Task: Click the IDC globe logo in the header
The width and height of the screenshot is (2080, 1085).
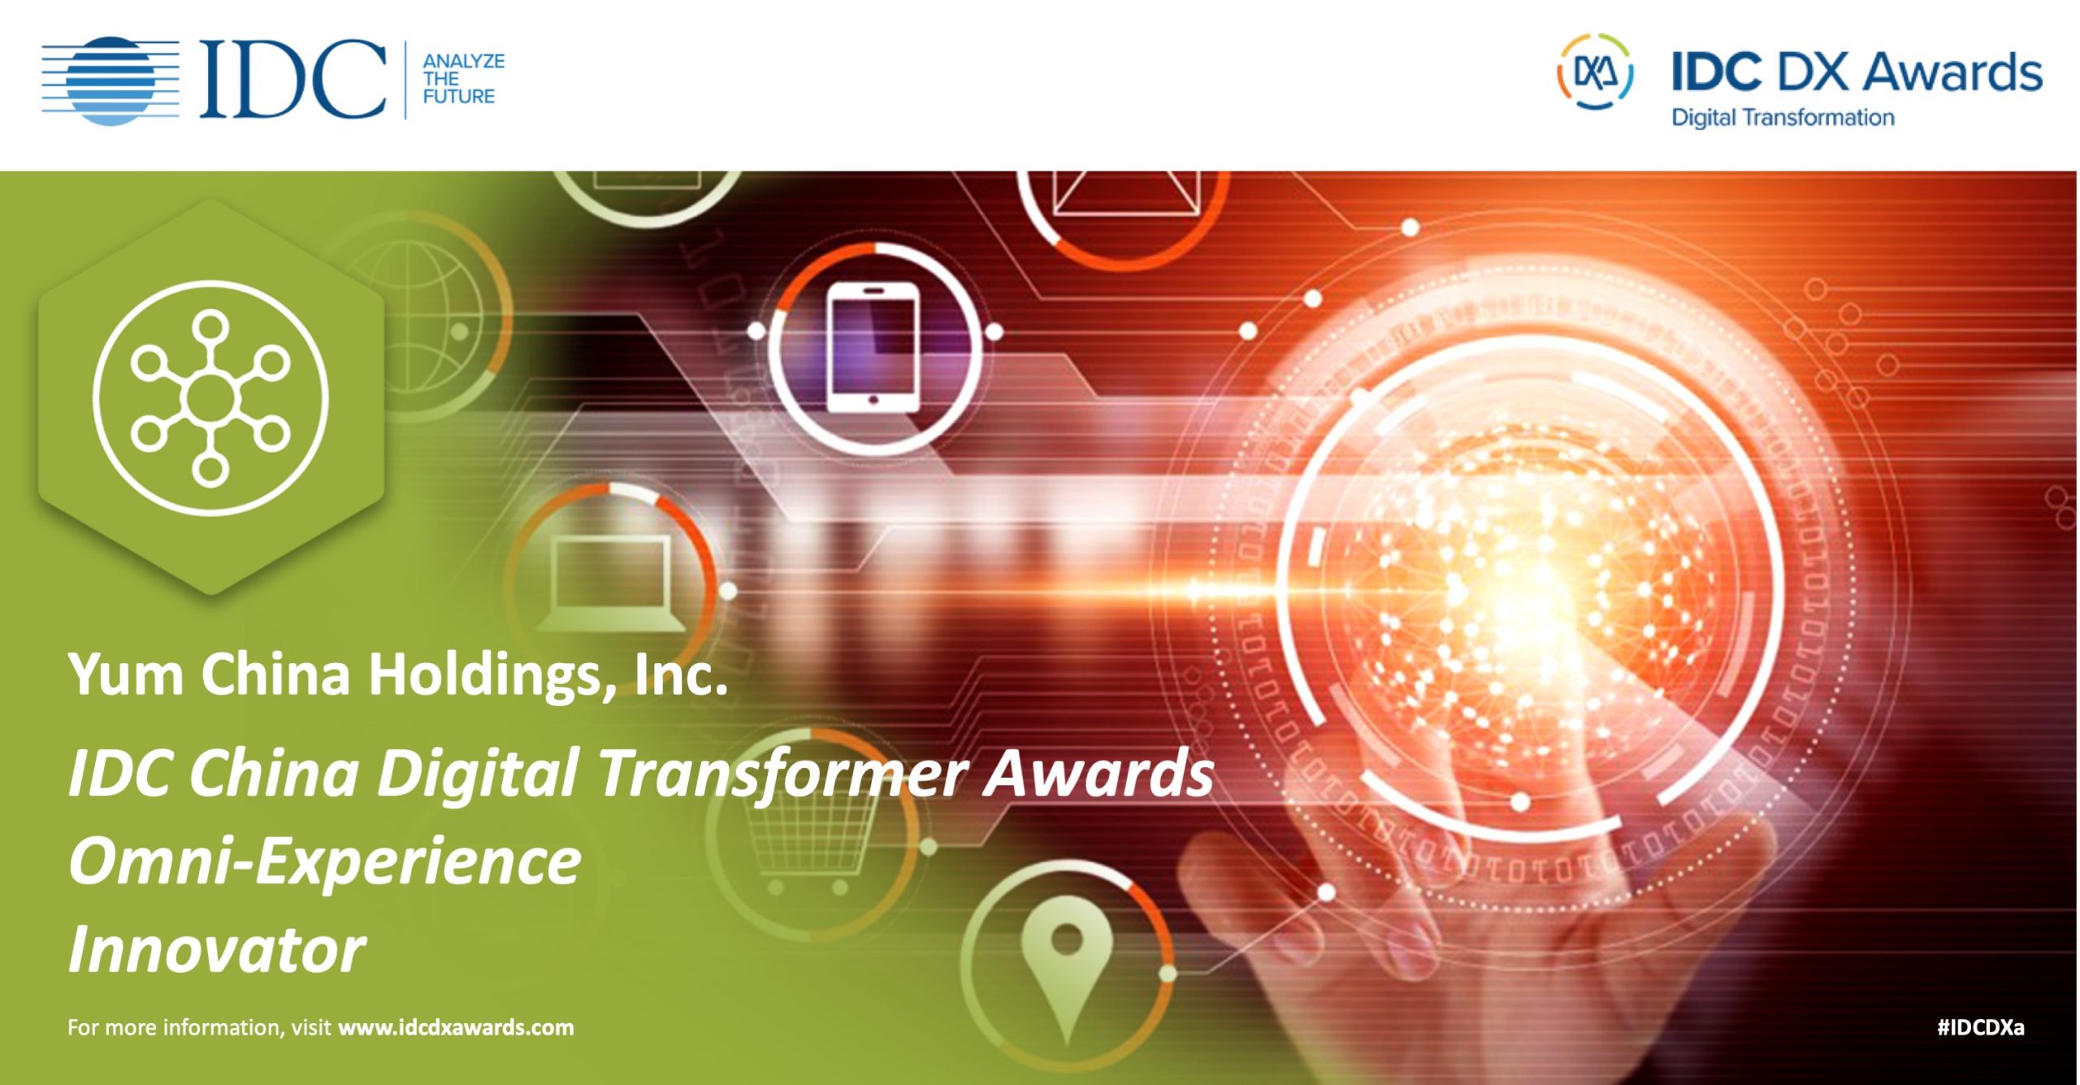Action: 110,80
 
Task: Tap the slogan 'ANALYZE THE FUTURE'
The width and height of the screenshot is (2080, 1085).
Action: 463,79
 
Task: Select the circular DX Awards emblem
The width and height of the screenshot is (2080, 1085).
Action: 1594,72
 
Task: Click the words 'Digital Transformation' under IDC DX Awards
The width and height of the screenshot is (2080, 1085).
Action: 1783,118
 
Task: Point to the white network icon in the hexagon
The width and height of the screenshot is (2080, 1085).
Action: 210,398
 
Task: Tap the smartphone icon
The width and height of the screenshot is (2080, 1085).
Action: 873,348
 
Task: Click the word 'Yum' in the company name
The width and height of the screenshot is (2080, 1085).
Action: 127,674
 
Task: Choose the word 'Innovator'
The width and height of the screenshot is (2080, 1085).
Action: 217,949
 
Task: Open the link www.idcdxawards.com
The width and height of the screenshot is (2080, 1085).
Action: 456,1027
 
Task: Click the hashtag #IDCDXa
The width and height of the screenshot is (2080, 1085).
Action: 1981,1027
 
